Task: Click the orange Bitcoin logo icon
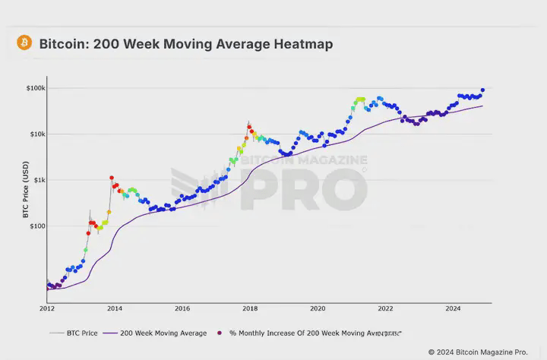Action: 24,43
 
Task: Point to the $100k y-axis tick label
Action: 36,88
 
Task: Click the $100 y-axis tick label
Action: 36,226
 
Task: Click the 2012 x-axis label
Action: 47,309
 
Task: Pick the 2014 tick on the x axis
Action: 115,309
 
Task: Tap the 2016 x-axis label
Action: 182,309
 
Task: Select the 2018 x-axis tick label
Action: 250,309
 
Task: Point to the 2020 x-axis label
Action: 318,309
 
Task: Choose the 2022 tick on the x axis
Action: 385,309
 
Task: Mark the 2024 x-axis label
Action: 453,309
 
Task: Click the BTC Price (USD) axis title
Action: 25,194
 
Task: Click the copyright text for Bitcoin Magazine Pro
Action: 477,352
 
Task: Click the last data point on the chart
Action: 482,90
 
